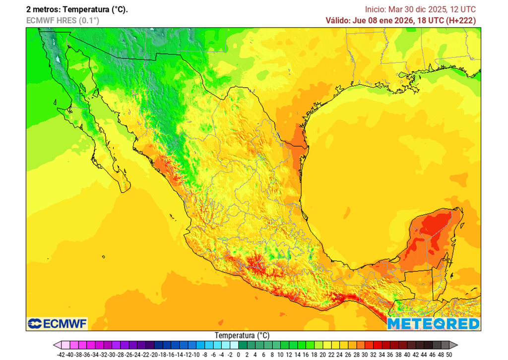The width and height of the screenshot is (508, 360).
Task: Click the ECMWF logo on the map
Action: point(57,324)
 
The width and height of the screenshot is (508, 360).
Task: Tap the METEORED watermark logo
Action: point(433,324)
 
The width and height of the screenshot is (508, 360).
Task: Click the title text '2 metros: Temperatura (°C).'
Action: point(77,9)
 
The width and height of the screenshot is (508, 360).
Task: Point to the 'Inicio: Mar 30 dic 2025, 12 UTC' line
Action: point(420,9)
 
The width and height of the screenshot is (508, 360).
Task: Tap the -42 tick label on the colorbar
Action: point(62,355)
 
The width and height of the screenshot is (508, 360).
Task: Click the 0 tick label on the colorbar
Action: point(239,355)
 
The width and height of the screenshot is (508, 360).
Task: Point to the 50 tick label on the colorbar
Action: point(448,355)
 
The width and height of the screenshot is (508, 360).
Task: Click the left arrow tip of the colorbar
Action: point(55,345)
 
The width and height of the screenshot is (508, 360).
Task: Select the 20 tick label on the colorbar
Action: point(322,355)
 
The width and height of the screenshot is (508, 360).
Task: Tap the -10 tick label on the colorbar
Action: point(196,355)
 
